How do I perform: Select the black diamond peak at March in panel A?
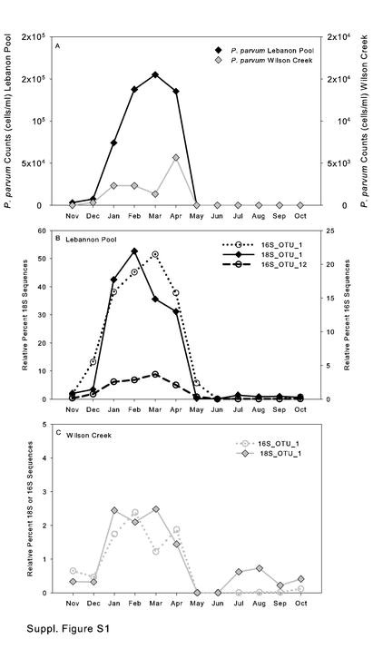(155, 74)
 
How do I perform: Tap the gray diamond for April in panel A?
(176, 157)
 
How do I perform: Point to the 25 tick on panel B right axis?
(319, 231)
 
